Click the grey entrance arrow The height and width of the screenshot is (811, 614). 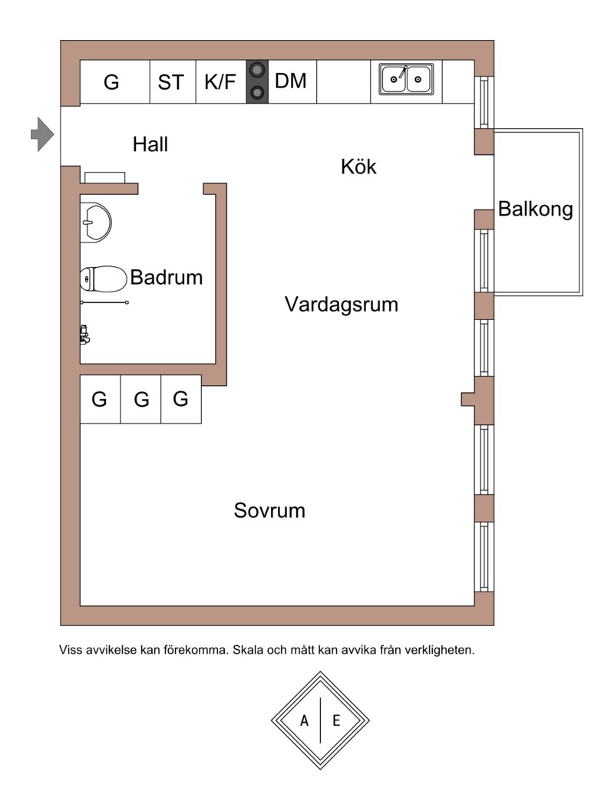[42, 134]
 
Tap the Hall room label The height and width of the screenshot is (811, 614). [150, 144]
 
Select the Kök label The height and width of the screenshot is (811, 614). [358, 166]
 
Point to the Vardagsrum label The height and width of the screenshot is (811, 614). [342, 304]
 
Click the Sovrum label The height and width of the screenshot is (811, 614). [269, 510]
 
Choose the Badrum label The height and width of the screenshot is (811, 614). [166, 277]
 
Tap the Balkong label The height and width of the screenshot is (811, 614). [536, 209]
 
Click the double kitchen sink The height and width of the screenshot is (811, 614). [406, 80]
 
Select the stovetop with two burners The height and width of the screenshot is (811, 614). [257, 82]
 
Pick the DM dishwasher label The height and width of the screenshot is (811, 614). [291, 81]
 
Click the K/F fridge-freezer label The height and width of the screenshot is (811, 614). [220, 82]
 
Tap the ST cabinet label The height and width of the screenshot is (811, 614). [170, 82]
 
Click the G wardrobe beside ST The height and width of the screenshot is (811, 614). [111, 82]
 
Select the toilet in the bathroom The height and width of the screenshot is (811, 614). [104, 279]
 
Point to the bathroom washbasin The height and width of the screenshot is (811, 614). [96, 223]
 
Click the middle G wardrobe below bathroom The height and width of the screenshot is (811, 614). [141, 399]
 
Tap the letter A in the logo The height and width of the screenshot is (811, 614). [304, 720]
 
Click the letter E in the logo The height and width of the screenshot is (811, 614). [336, 720]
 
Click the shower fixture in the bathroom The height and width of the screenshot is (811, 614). [84, 335]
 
